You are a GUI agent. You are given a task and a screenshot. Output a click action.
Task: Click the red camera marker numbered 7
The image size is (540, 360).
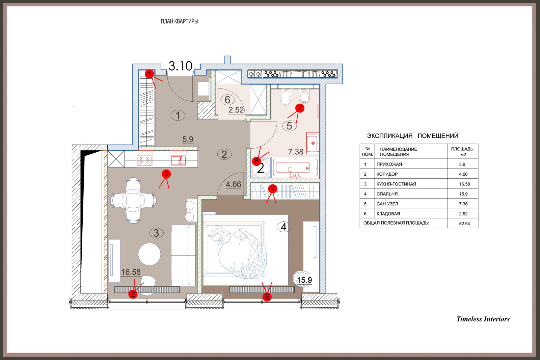(x=300, y=108)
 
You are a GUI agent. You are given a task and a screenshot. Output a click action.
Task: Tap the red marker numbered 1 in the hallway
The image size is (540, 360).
(x=149, y=74)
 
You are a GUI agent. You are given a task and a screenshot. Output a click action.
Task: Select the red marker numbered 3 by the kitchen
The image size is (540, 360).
(x=166, y=174)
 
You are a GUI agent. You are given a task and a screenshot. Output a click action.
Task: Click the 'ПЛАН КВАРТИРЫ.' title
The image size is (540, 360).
(x=180, y=22)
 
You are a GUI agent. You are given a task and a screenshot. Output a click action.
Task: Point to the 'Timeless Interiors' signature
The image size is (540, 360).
(x=483, y=319)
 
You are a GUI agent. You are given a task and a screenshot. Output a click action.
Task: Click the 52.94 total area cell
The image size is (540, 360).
(x=464, y=224)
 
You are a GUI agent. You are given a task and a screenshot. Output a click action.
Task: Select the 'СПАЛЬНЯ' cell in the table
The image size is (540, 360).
(x=387, y=194)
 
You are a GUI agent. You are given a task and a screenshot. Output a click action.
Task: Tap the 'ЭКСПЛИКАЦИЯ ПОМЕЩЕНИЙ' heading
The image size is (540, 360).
(x=412, y=136)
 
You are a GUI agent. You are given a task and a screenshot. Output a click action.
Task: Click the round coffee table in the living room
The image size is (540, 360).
(x=150, y=254)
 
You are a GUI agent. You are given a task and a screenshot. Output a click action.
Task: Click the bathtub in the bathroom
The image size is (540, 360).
(x=295, y=168)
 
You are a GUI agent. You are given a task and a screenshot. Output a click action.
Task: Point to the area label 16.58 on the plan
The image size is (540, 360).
(x=131, y=272)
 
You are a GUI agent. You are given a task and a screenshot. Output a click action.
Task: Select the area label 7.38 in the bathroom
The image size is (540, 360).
(x=296, y=152)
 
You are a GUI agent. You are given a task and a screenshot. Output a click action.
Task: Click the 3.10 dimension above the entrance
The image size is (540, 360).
(x=180, y=66)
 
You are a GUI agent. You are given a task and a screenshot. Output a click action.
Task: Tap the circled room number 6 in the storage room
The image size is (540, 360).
(x=227, y=100)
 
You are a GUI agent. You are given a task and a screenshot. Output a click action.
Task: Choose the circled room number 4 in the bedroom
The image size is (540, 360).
(x=284, y=227)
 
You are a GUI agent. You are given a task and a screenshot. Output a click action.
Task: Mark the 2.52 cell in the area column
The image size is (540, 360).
(x=463, y=214)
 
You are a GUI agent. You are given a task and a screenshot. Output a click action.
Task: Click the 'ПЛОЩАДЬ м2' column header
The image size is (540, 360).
(x=462, y=152)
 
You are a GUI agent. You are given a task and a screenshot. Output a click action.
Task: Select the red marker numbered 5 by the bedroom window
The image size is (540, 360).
(x=267, y=297)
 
